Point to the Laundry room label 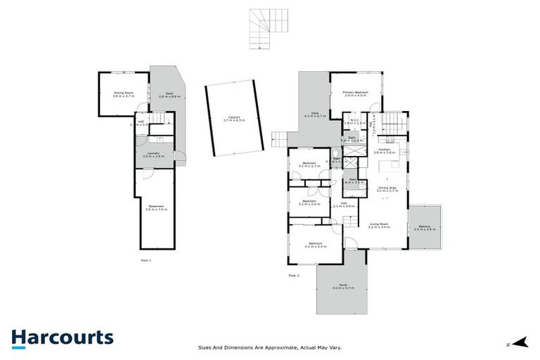click(x=153, y=155)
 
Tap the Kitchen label click(x=385, y=150)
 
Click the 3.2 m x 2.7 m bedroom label click(x=310, y=165)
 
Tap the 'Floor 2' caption click(x=294, y=275)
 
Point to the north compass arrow click(x=520, y=343)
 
